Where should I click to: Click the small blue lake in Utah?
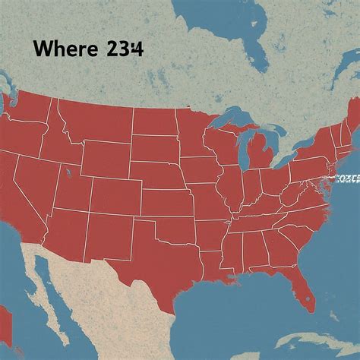click(68, 175)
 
